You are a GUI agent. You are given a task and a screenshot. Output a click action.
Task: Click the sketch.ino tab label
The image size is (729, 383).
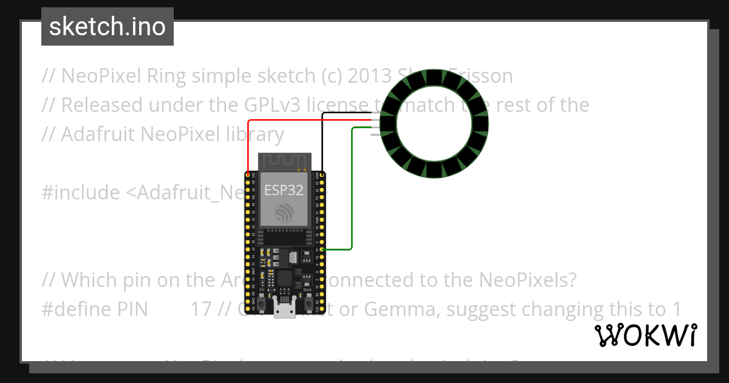click(x=108, y=27)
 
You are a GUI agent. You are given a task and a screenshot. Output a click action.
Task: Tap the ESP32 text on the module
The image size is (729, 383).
click(x=284, y=190)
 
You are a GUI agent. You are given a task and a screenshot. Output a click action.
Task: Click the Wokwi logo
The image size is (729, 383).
click(x=646, y=335)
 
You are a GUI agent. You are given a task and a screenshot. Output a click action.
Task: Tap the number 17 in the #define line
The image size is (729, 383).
click(x=201, y=309)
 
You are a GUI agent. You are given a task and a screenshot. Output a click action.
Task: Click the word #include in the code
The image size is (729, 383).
click(x=81, y=193)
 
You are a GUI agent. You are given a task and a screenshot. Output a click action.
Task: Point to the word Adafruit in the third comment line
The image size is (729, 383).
click(x=99, y=134)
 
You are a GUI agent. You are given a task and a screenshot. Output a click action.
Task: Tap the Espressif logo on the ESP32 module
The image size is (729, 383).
click(x=284, y=213)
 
